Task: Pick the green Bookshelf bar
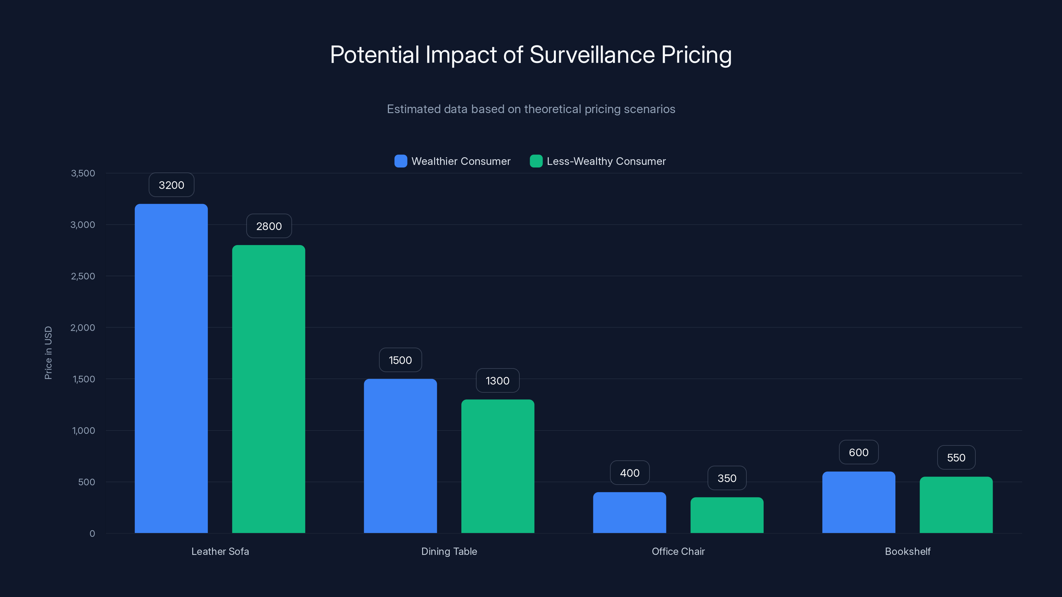(x=956, y=505)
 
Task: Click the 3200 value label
(x=172, y=185)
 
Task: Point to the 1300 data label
(x=497, y=381)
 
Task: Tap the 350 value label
(x=727, y=478)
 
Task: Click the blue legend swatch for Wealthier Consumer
(x=400, y=161)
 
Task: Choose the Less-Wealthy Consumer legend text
(x=606, y=161)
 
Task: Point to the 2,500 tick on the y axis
(x=83, y=276)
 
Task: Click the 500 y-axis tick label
(x=87, y=482)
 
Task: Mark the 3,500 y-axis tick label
(x=83, y=173)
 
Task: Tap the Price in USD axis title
(x=48, y=353)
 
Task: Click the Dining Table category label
(x=449, y=551)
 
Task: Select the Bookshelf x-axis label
(x=907, y=551)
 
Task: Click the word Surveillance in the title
(x=592, y=54)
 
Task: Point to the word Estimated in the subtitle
(x=414, y=109)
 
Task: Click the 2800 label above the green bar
(x=269, y=226)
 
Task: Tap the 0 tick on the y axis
(x=92, y=534)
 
